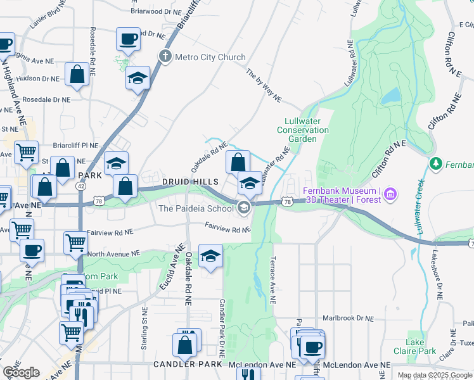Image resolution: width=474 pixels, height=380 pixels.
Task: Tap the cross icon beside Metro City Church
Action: (x=165, y=57)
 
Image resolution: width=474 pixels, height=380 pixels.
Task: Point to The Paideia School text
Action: (x=196, y=208)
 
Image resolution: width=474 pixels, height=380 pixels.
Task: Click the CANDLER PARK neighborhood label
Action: (x=187, y=365)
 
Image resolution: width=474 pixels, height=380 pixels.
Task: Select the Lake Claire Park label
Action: (x=421, y=346)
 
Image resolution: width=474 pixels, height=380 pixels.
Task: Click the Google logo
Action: (x=21, y=372)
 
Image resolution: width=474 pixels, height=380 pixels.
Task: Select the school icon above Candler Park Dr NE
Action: (x=210, y=256)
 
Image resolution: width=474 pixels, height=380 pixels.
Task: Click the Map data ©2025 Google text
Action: (x=435, y=375)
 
